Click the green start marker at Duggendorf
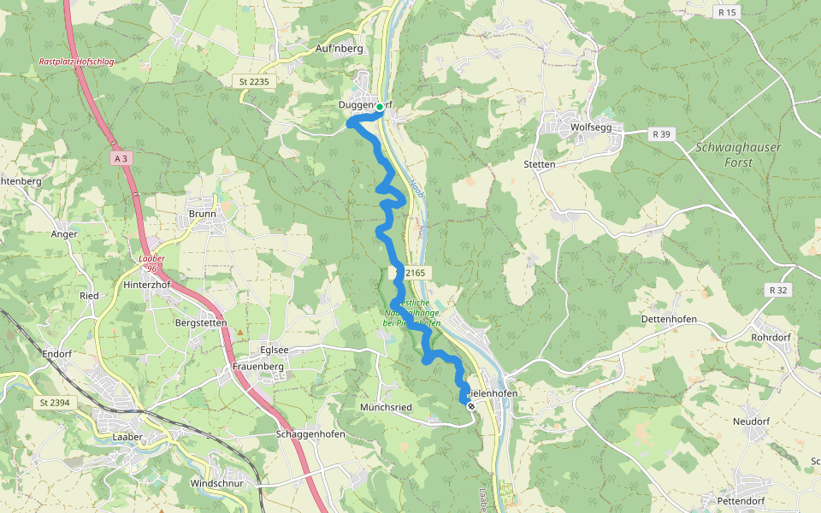(379, 107)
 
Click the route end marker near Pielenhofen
(470, 406)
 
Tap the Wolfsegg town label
(588, 127)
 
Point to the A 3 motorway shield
(120, 158)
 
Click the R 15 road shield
(729, 13)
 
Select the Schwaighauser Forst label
(738, 153)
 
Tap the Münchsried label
(387, 407)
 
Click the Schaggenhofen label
(310, 433)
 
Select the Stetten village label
(540, 164)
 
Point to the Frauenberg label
(257, 367)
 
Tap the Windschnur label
(216, 483)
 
